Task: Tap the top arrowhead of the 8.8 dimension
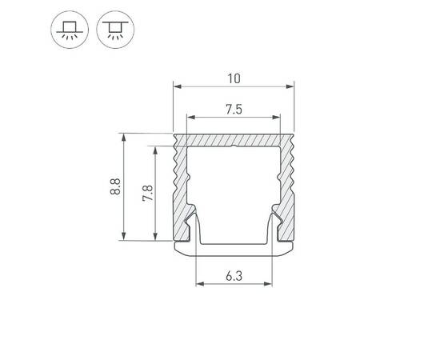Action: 124,138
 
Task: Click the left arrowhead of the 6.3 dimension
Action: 200,283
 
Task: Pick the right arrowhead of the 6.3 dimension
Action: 269,283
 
